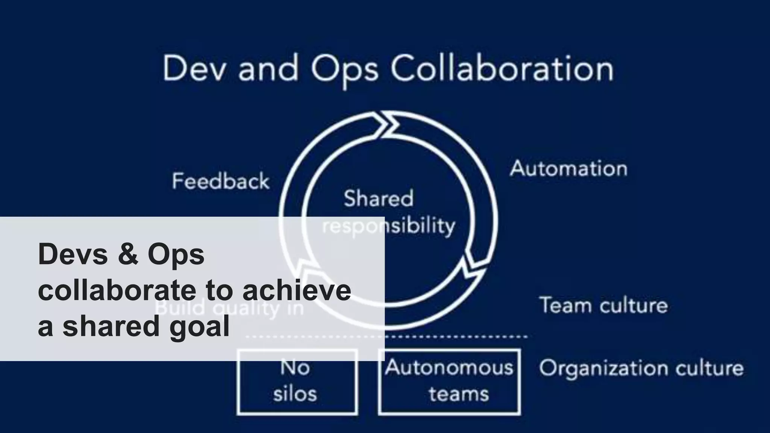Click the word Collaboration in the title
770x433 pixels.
coord(502,70)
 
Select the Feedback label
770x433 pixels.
coord(221,181)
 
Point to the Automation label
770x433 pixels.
coord(568,169)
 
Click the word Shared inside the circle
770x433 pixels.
coord(378,198)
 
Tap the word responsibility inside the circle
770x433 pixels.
coord(389,226)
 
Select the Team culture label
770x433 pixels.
coord(603,305)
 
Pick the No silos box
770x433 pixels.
coord(297,381)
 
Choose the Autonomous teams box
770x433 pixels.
coord(449,381)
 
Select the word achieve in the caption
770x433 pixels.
coord(297,291)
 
